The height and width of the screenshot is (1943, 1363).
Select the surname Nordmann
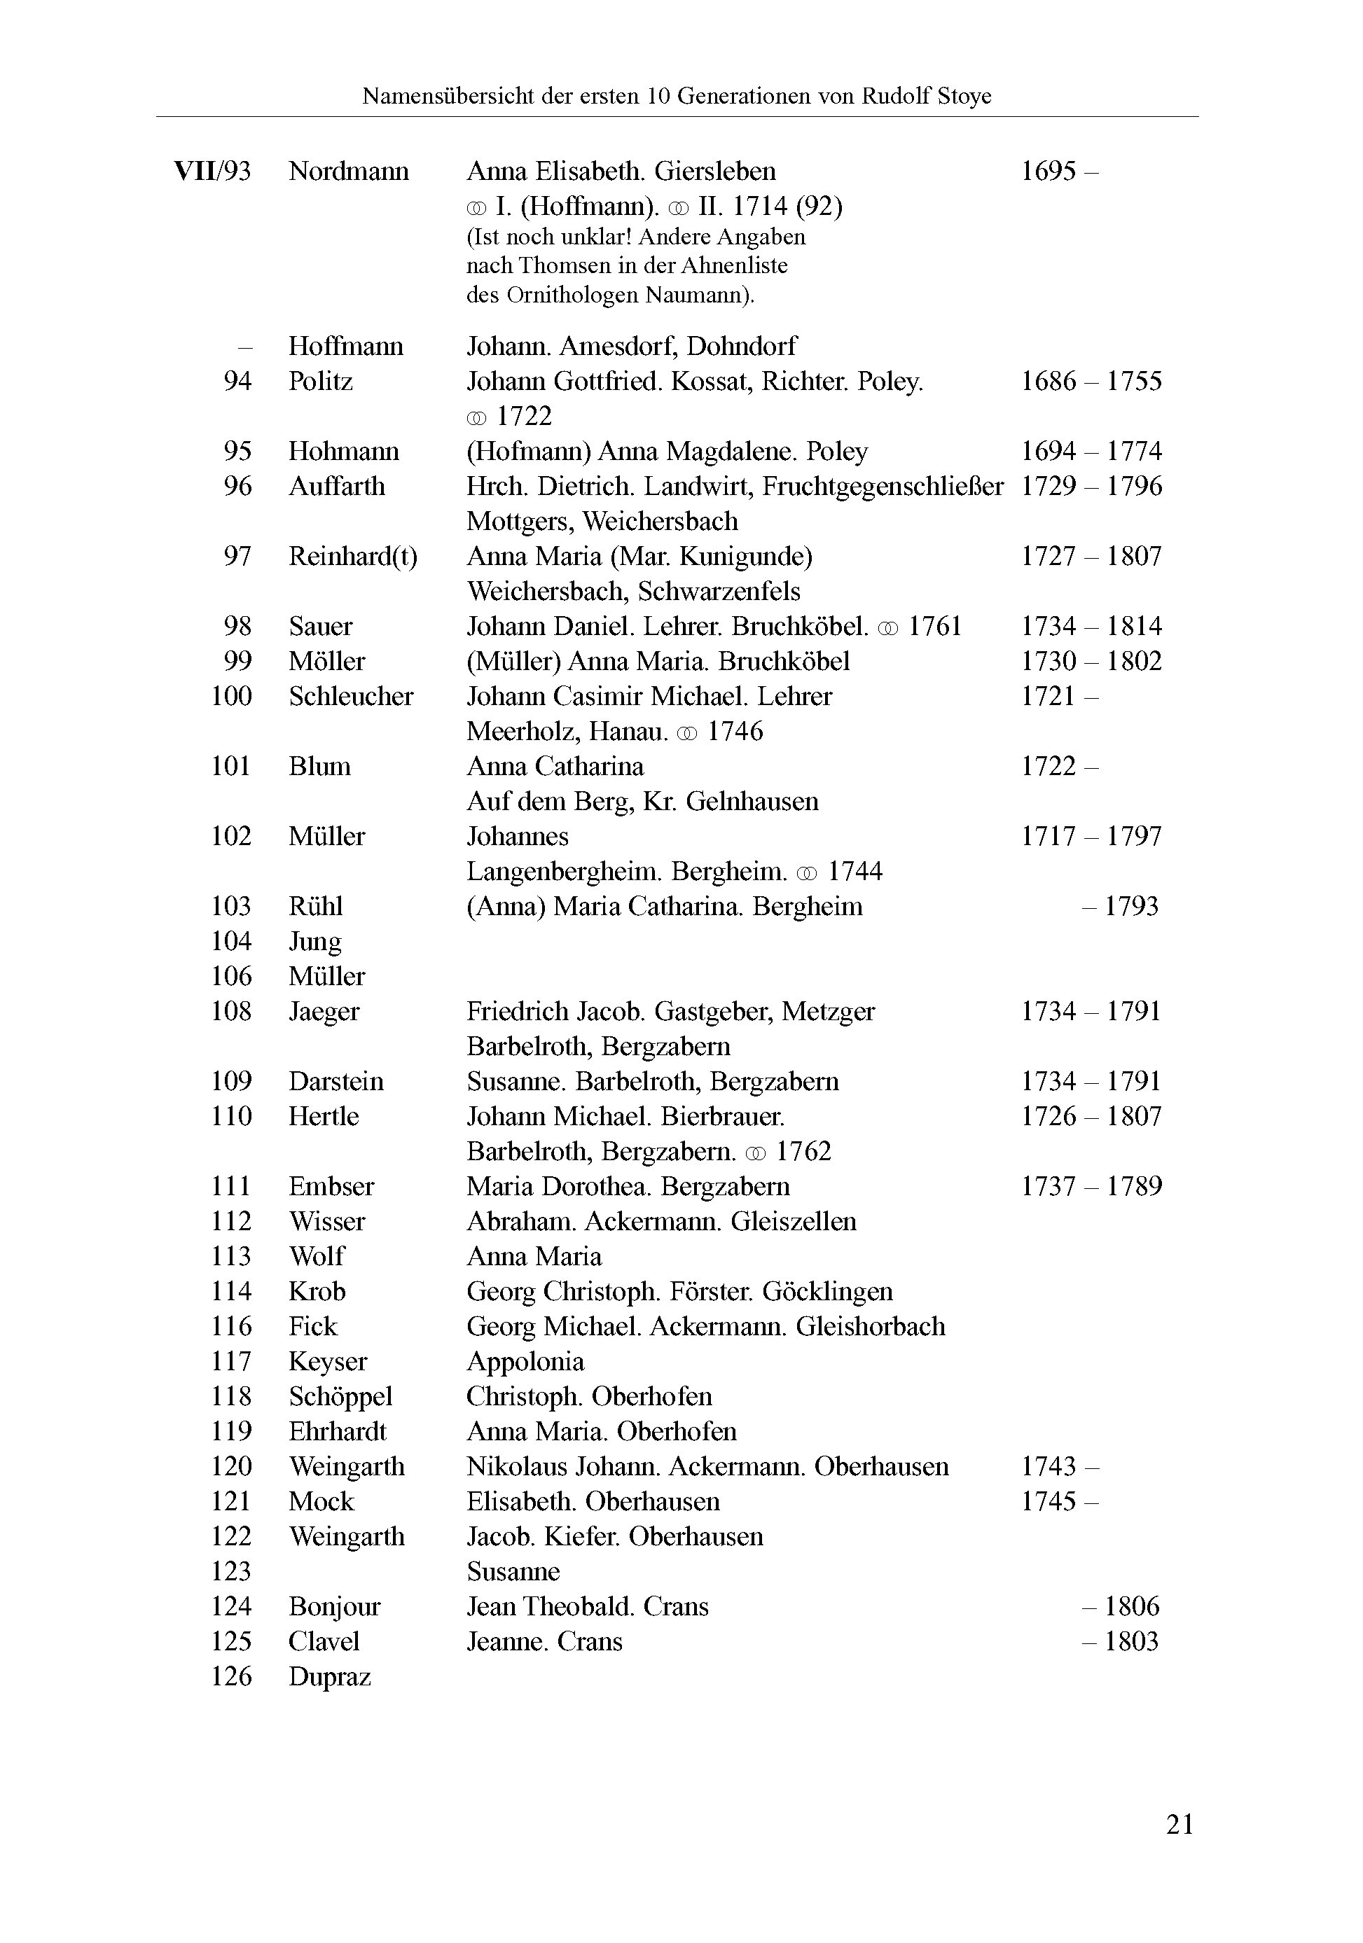tap(348, 172)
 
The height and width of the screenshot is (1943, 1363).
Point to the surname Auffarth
tap(336, 487)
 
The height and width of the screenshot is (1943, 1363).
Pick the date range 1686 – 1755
tap(1091, 382)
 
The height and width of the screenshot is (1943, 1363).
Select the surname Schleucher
tap(350, 697)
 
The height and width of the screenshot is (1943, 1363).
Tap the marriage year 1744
tap(855, 872)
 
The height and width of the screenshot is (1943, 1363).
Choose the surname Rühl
tap(315, 906)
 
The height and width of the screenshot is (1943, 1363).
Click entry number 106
tap(231, 977)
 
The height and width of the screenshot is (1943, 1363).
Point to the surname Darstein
tap(335, 1082)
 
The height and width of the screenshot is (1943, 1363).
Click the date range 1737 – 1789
tap(1091, 1186)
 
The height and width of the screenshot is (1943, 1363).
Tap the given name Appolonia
tap(525, 1362)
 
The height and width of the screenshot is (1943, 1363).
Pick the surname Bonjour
tap(334, 1607)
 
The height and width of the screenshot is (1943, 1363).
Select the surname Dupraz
tap(329, 1676)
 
